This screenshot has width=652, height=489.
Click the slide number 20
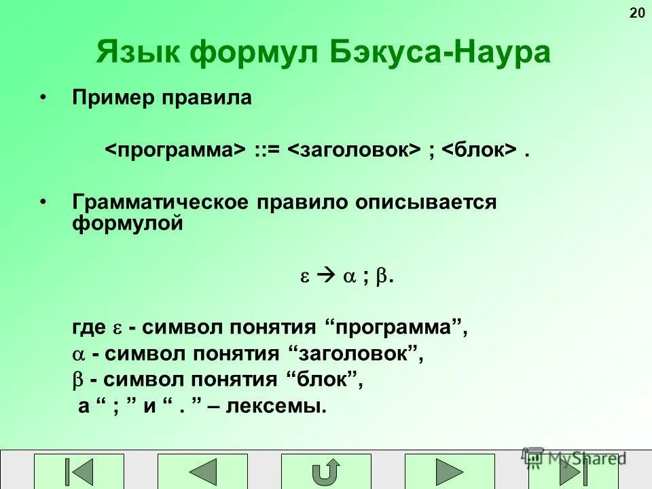click(637, 14)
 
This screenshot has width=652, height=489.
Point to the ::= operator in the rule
click(268, 149)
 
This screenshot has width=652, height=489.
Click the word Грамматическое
click(162, 202)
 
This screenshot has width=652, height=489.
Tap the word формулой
click(128, 223)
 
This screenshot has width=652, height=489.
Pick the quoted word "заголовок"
click(357, 354)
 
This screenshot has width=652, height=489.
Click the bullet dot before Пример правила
click(43, 98)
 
